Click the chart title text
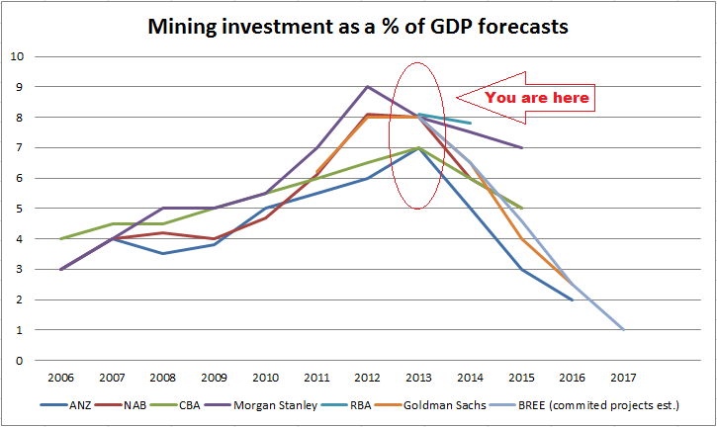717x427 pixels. (358, 27)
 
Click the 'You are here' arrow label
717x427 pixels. (538, 97)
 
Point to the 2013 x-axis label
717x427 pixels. (418, 376)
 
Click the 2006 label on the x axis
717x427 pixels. (60, 376)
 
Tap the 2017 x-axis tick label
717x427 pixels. (623, 376)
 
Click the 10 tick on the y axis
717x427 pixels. (17, 56)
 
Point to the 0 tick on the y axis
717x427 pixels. (20, 361)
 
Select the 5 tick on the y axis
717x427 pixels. (20, 209)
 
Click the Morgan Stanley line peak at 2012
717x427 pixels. (368, 87)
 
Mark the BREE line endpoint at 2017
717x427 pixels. (623, 330)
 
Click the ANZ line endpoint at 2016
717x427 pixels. (573, 299)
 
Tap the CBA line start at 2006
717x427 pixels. (60, 239)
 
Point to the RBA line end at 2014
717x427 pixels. (470, 123)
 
